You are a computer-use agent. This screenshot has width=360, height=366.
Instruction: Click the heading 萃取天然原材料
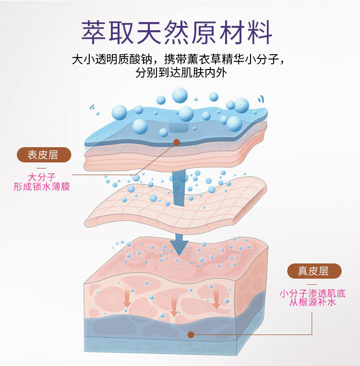(177, 32)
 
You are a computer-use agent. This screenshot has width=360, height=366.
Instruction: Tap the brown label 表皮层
(43, 154)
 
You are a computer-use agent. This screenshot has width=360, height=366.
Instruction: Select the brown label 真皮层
(312, 271)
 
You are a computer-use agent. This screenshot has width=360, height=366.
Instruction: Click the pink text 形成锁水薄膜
(42, 187)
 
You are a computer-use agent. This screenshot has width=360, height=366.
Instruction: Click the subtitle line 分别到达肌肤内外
(181, 73)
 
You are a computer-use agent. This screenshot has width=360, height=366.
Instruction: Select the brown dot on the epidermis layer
(176, 142)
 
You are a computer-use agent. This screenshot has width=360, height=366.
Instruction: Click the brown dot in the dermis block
(191, 334)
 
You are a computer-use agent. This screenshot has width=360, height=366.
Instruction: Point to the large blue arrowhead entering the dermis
(180, 246)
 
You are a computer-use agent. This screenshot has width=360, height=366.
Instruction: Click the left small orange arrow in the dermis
(127, 301)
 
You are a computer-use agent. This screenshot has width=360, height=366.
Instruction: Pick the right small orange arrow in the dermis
(216, 302)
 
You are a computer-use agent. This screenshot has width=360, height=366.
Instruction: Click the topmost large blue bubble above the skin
(180, 95)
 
